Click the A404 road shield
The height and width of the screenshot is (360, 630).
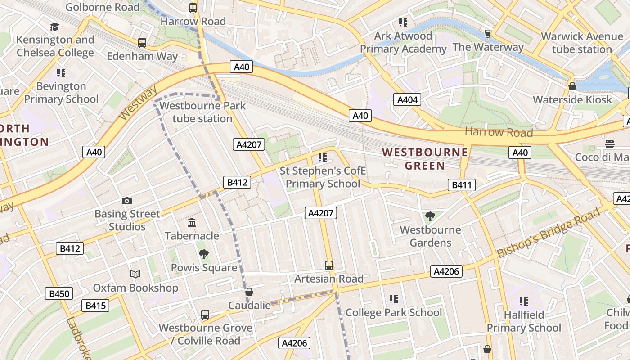click(407, 100)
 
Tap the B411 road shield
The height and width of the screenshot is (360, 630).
click(461, 184)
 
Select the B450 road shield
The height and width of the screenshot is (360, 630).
click(59, 294)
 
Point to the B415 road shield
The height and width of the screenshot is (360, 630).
click(95, 306)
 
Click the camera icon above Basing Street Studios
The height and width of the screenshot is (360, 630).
click(127, 201)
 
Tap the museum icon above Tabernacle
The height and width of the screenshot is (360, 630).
click(192, 222)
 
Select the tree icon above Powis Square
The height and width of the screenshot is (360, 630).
click(204, 254)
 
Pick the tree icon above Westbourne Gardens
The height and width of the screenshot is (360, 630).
click(430, 216)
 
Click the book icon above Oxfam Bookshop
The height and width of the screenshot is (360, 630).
click(135, 274)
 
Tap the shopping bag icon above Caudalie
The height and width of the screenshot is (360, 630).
click(249, 292)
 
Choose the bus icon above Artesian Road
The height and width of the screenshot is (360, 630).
click(329, 265)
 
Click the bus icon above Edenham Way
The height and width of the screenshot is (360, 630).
click(142, 43)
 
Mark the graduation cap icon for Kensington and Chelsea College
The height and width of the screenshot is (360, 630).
click(55, 27)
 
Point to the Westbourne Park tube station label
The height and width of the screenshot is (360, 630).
click(202, 112)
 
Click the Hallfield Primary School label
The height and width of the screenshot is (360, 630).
click(524, 321)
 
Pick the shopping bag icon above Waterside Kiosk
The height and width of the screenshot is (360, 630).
click(572, 86)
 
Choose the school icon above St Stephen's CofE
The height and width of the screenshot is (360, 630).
click(322, 157)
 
